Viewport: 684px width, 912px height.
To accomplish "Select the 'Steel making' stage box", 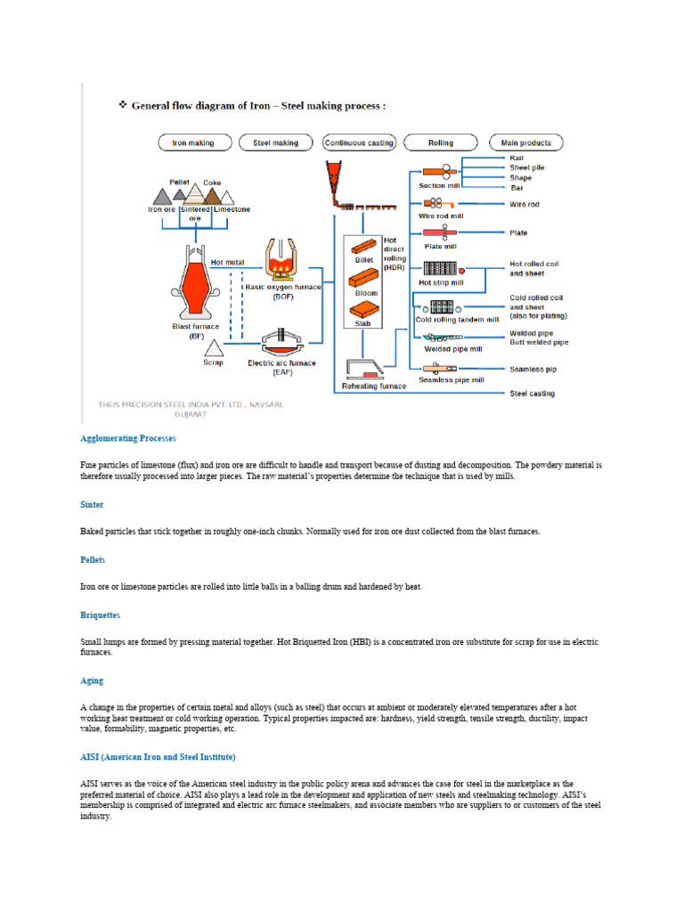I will coord(275,142).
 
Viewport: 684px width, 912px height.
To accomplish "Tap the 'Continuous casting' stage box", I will coord(357,142).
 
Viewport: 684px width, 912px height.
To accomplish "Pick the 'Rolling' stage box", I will coord(440,142).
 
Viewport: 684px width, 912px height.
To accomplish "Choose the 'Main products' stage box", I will coord(525,142).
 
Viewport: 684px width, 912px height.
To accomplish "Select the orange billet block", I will coord(365,246).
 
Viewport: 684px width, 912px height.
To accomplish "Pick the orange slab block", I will coord(365,309).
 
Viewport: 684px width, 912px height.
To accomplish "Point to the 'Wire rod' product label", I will coord(525,205).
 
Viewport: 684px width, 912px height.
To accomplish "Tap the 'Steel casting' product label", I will coord(532,394).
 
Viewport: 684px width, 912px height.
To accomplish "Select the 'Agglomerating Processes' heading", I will coord(128,439).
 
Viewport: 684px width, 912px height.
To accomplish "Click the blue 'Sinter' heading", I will coord(92,505).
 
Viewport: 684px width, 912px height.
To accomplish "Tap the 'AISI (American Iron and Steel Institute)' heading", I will coord(158,757).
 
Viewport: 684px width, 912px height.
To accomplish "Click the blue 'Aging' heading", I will coord(92,681).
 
